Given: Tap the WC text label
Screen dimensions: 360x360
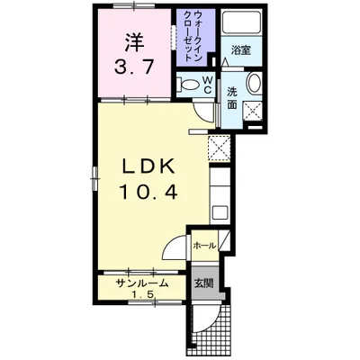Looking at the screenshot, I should click(205, 85).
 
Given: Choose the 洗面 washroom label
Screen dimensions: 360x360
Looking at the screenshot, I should click(232, 97).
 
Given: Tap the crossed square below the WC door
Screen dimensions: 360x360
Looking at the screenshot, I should click(218, 148).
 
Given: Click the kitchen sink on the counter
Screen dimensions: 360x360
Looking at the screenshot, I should click(220, 214).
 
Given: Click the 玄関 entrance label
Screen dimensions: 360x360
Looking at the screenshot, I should click(203, 282).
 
